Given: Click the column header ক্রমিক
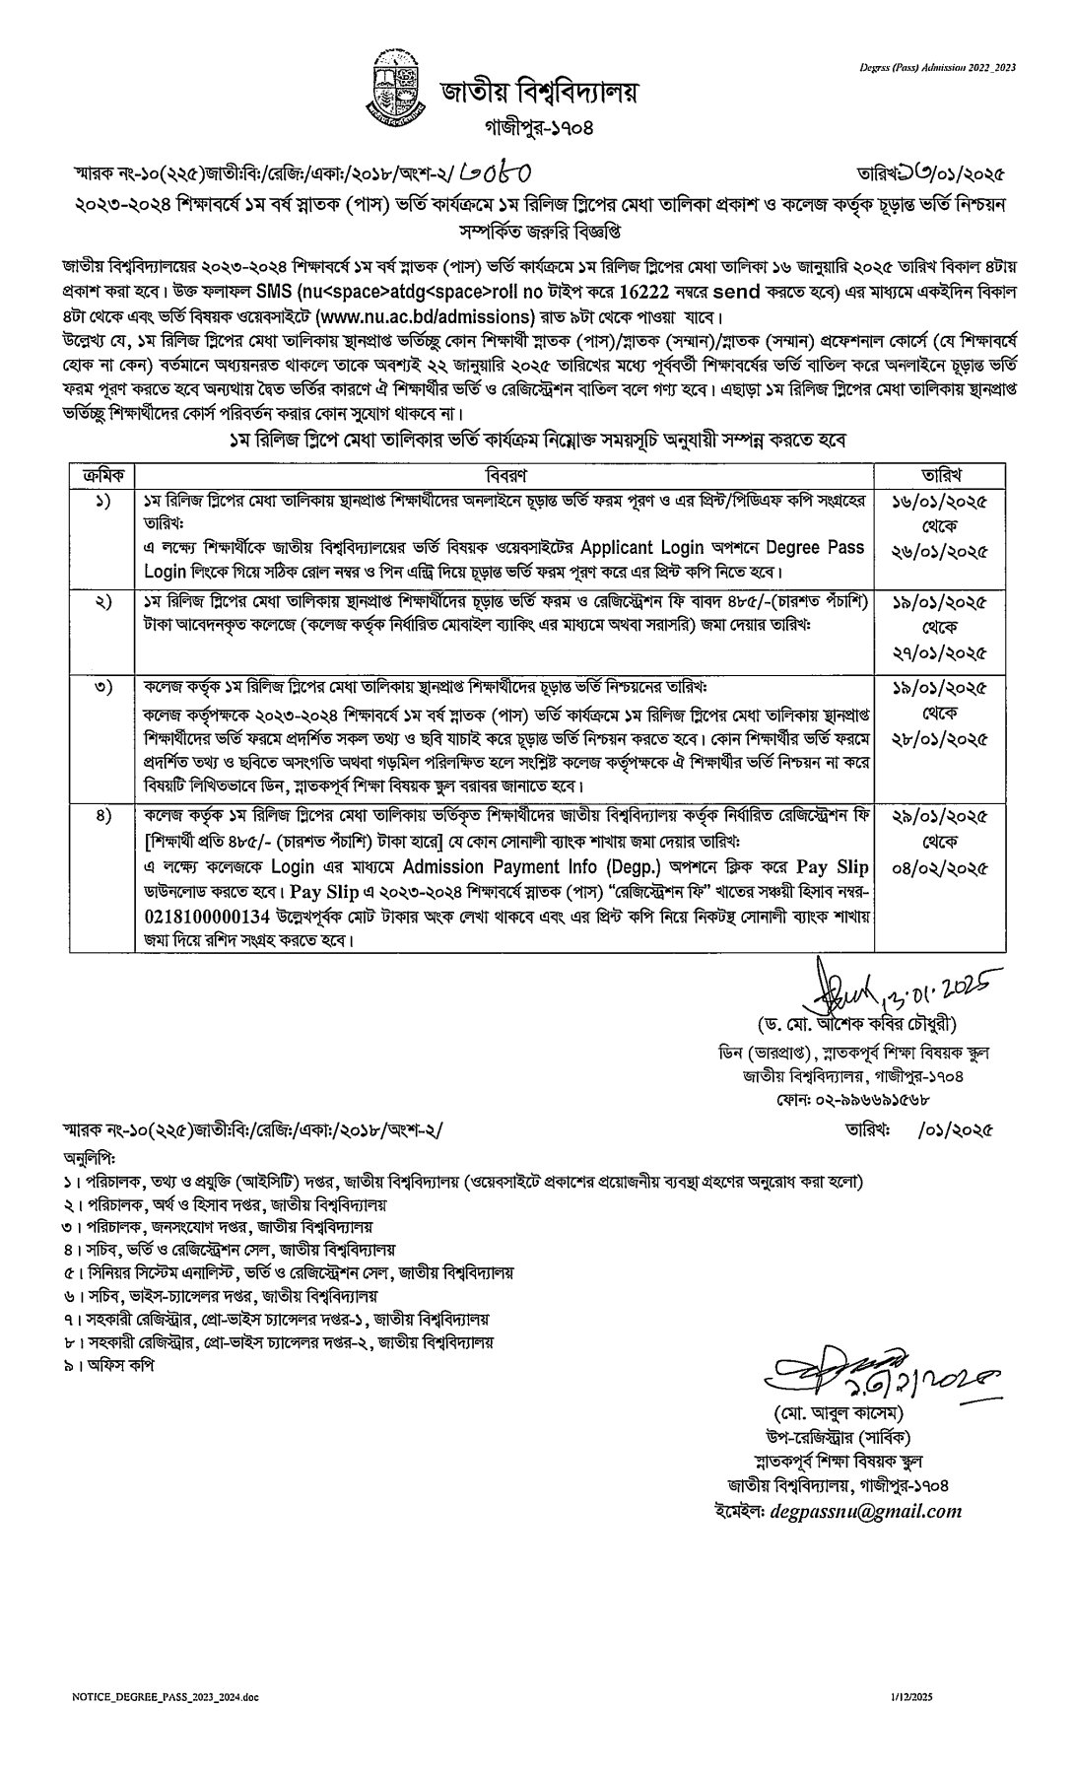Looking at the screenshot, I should pos(103,474).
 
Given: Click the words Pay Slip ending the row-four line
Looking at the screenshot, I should pos(834,868).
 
